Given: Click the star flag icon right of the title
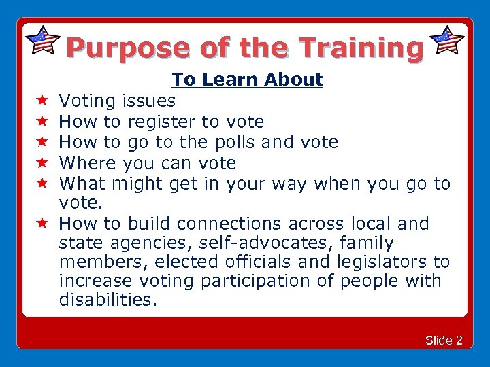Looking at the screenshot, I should [x=448, y=41].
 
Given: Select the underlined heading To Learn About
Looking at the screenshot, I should [x=247, y=80].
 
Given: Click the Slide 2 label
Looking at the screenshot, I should [x=444, y=340].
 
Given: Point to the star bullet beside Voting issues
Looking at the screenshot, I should [x=41, y=101].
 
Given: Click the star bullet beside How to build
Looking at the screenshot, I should [x=41, y=224].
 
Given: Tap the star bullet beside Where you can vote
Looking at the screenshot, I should [x=41, y=163].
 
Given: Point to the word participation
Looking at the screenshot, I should [x=259, y=281].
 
